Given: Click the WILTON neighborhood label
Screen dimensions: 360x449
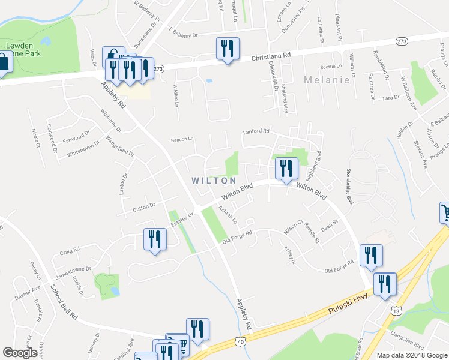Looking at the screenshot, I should point(213,180).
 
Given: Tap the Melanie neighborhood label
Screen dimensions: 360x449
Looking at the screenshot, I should point(327,80).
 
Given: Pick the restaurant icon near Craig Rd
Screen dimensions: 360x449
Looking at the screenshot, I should point(155,239).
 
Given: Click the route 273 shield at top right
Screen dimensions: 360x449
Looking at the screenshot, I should point(402,41).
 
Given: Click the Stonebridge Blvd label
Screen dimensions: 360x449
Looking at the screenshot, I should point(348,185).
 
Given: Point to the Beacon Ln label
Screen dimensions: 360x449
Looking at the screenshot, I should point(182,139).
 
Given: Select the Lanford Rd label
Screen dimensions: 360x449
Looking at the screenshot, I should point(256,131).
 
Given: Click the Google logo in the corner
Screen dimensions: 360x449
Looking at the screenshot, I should point(20,353).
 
